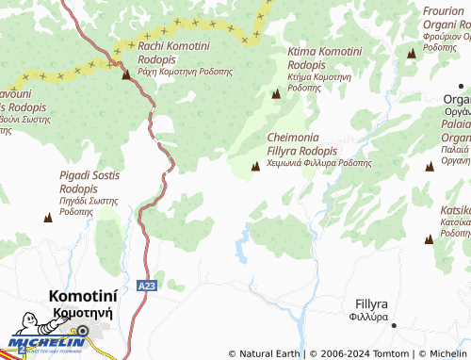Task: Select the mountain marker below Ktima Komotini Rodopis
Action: click(276, 94)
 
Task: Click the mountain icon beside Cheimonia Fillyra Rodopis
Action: click(255, 167)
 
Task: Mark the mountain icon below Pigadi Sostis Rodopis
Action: click(48, 218)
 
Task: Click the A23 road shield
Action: click(143, 285)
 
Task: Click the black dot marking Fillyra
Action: click(394, 325)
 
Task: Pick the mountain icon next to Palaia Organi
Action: click(430, 165)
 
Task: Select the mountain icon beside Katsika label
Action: click(429, 240)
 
